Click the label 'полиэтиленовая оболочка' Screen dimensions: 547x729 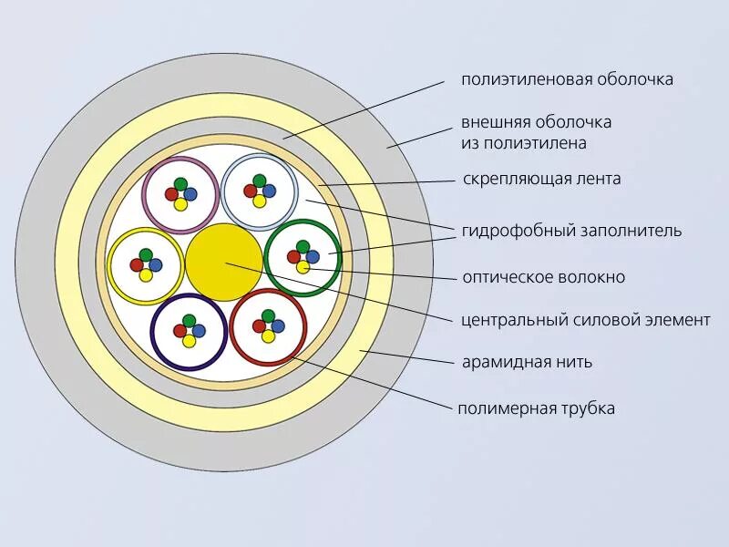[567, 79]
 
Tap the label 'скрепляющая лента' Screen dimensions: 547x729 [541, 179]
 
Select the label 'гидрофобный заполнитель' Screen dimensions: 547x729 [571, 231]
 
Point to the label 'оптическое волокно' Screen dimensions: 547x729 [543, 277]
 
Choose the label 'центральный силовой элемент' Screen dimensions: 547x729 [585, 320]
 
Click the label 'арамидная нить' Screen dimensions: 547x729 [527, 362]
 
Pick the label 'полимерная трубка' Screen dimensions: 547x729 [536, 408]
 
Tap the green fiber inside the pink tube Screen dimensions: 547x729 [180, 183]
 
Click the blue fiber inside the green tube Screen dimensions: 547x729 [313, 257]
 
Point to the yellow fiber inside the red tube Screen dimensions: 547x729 [268, 336]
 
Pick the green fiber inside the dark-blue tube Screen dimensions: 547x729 [189, 321]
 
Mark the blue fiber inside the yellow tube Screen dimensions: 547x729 [155, 264]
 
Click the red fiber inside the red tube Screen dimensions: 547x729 [259, 326]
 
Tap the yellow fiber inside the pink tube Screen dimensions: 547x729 [180, 203]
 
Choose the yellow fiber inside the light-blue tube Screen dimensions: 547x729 [259, 201]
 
